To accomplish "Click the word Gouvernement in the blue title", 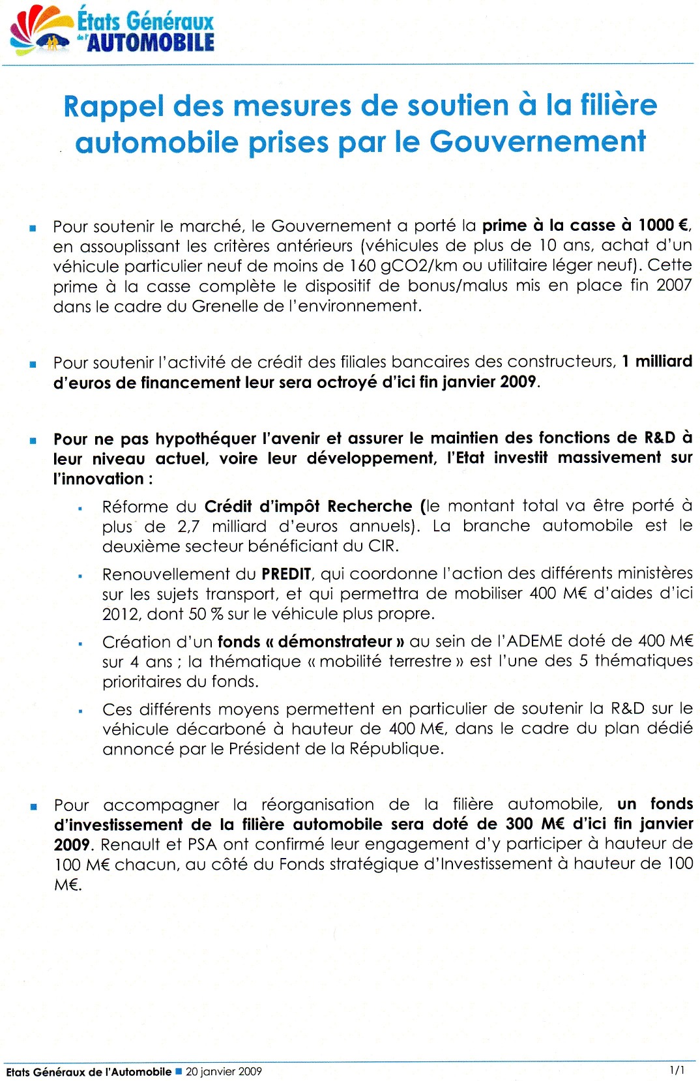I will point(537,141).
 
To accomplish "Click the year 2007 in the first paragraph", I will point(673,285).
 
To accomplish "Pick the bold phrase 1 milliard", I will point(656,361).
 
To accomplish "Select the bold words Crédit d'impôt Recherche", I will point(308,507).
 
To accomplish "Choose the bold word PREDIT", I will point(286,574).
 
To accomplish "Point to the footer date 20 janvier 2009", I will point(224,1071).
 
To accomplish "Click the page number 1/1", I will point(677,1070).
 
